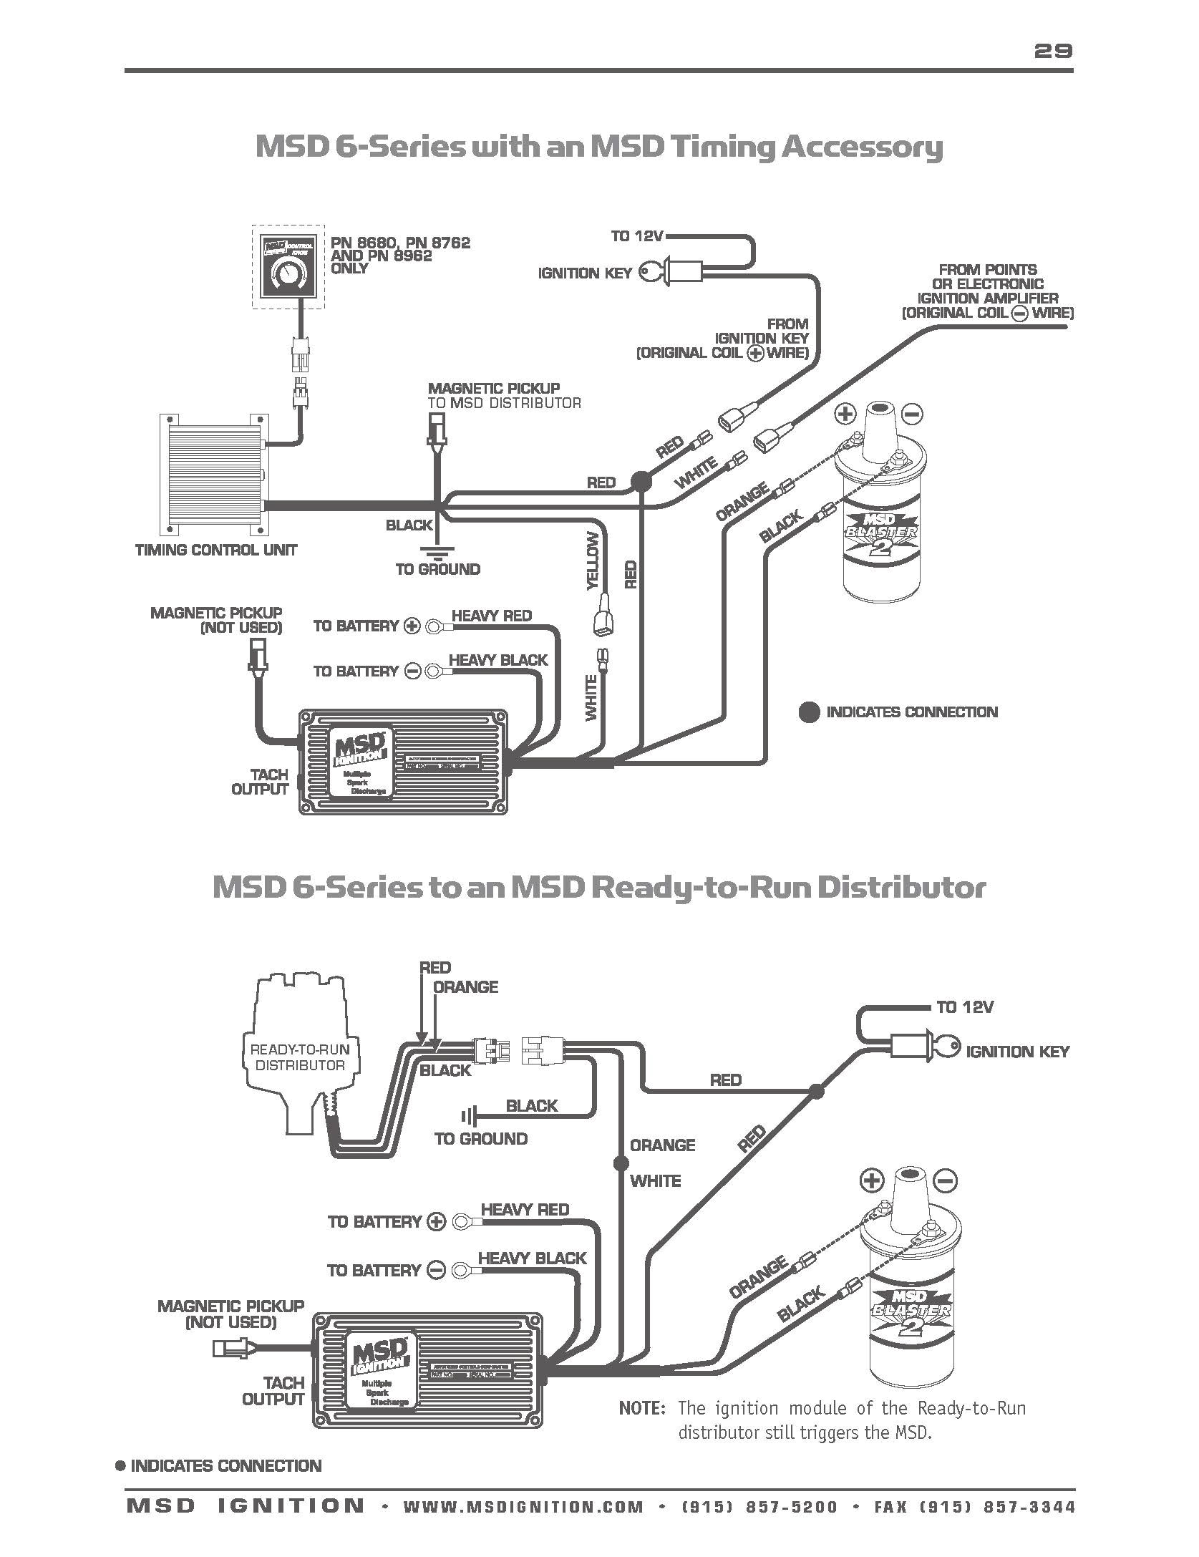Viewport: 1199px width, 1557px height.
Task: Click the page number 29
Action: (x=1053, y=50)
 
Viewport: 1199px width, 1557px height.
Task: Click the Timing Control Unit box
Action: (x=210, y=475)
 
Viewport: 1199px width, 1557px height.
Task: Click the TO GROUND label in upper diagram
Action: (x=438, y=570)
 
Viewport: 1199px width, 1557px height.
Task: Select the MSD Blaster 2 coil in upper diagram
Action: (x=880, y=515)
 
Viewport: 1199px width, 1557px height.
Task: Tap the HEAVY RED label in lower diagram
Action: (x=525, y=1209)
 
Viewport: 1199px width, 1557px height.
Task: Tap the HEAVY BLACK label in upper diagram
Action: (x=497, y=660)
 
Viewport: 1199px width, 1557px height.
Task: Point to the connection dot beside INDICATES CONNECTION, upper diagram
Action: (x=809, y=712)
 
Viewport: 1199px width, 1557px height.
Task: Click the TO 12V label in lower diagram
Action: (x=965, y=1007)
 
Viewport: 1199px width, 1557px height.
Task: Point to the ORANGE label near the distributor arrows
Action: (x=465, y=986)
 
